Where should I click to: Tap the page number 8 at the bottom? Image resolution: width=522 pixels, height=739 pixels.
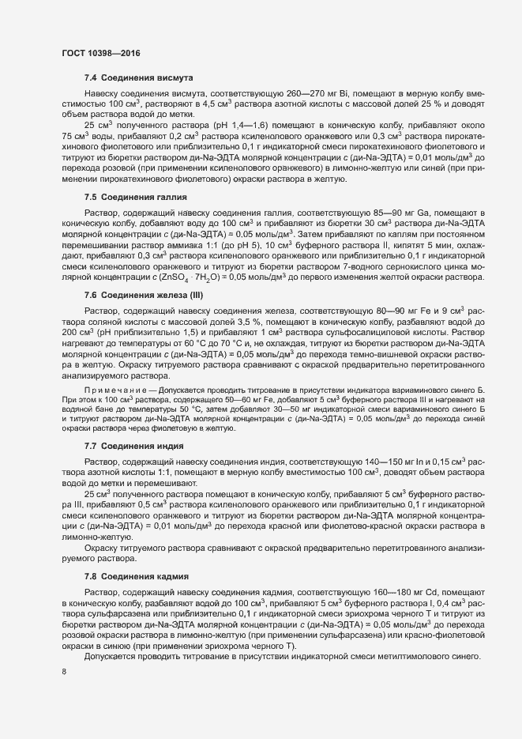[64, 673]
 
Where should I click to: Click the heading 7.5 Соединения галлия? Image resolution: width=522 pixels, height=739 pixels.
[133, 197]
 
